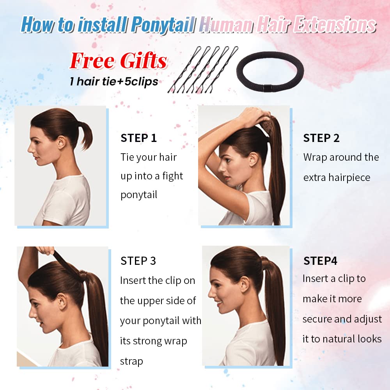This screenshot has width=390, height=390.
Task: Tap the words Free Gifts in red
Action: (x=118, y=61)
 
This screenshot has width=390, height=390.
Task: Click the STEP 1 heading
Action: (x=138, y=138)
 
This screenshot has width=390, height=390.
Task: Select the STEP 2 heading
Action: (x=321, y=138)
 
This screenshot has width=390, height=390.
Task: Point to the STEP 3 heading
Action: (x=138, y=261)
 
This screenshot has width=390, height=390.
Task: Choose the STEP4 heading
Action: (x=320, y=261)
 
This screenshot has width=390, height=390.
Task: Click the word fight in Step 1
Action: (x=173, y=176)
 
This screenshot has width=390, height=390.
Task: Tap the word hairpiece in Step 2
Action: (x=349, y=177)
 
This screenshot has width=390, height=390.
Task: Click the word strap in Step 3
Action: (x=131, y=361)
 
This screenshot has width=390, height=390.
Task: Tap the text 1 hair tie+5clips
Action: (x=113, y=82)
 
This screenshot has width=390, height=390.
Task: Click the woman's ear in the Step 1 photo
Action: (x=61, y=142)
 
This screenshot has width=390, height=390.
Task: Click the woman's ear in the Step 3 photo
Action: (x=62, y=301)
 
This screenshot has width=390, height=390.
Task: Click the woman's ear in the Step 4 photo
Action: (x=245, y=284)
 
